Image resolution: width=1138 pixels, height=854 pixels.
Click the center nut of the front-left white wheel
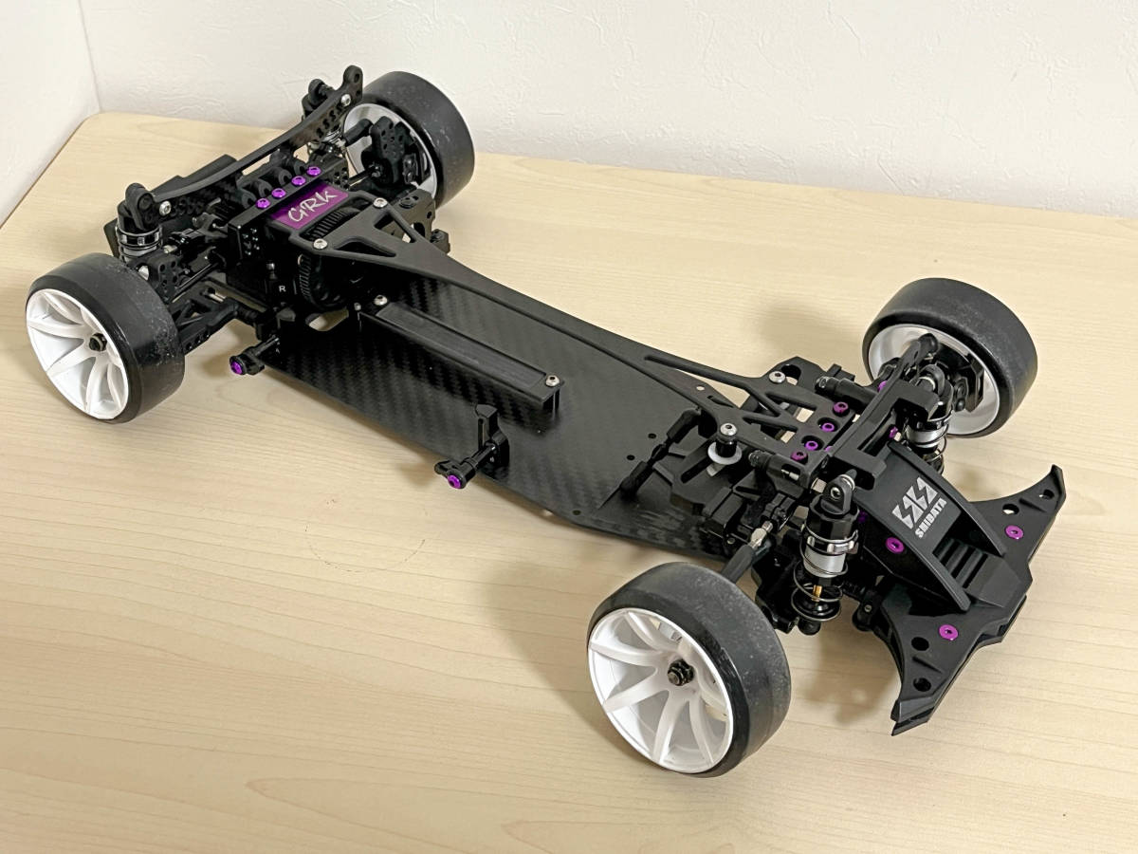coord(680,674)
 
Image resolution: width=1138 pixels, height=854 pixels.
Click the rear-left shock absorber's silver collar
coord(133,237)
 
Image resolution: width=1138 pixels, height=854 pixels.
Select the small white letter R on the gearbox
coord(284,284)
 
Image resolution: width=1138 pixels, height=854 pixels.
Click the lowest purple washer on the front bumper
coord(945,632)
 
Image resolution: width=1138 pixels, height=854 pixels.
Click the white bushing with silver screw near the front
coord(726,446)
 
